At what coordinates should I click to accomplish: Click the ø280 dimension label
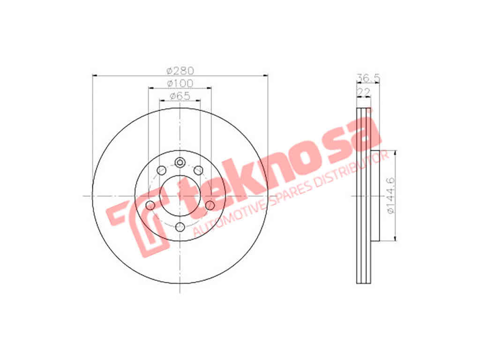180,71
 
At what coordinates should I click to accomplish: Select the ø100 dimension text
180,83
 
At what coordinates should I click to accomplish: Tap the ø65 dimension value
180,96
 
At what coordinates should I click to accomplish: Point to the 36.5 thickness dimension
368,78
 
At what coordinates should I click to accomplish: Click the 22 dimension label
364,91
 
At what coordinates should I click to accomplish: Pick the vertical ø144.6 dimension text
391,195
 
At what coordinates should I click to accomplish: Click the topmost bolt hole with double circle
180,163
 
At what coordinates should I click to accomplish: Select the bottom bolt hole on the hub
180,227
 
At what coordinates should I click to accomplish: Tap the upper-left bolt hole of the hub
161,170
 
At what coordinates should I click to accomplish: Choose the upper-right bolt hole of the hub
199,170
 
